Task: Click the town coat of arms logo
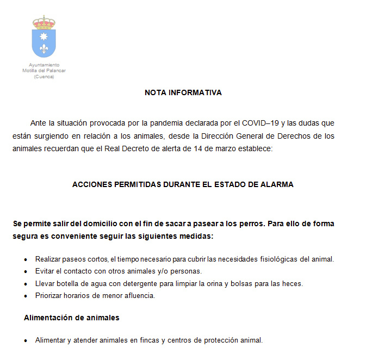(x=44, y=37)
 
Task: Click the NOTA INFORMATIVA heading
(x=183, y=92)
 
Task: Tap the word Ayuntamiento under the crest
(x=44, y=65)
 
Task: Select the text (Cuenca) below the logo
(x=44, y=77)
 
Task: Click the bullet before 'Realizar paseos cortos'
(x=26, y=259)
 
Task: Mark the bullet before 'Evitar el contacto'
(x=26, y=271)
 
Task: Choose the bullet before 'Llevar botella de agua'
(x=26, y=284)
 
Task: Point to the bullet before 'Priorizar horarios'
(x=26, y=296)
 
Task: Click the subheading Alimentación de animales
(x=71, y=318)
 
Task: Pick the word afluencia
(x=140, y=296)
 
